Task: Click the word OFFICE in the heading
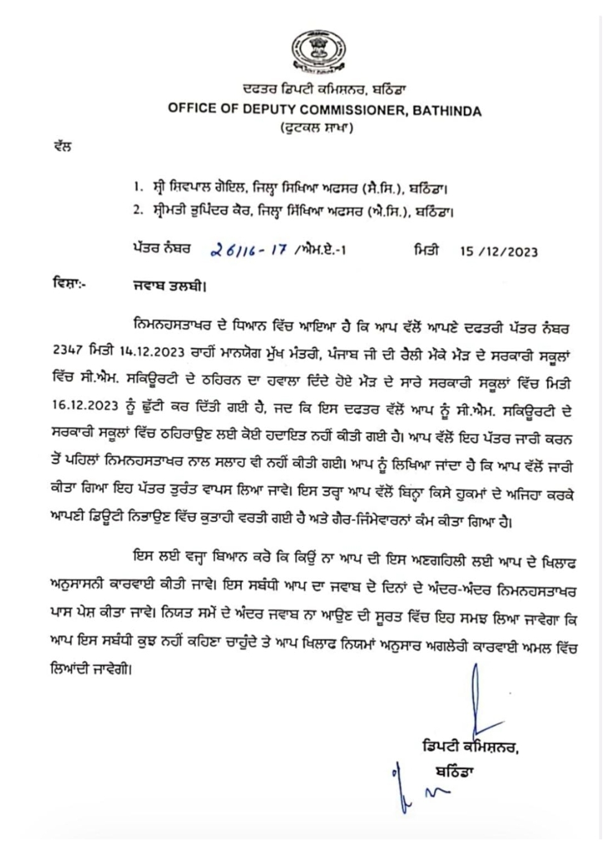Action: click(x=190, y=108)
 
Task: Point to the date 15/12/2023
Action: click(x=499, y=251)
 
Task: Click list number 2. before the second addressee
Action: click(x=137, y=211)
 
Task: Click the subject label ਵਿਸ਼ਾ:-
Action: click(x=70, y=286)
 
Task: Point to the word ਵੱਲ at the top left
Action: click(x=62, y=147)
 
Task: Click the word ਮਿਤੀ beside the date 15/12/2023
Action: click(x=426, y=250)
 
